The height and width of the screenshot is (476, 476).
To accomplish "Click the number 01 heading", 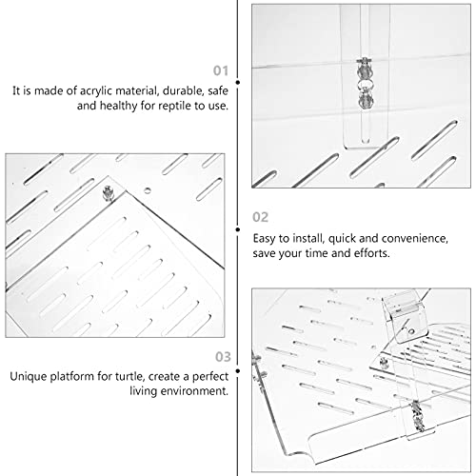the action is (x=221, y=70).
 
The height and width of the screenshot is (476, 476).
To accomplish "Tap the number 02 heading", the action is (x=260, y=217).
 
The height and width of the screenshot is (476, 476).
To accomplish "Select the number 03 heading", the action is (x=223, y=357).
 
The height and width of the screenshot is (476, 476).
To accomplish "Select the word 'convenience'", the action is (x=415, y=239).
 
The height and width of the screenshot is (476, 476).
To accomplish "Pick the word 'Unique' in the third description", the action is (x=29, y=377).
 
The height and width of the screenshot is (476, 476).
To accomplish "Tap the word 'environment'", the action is (x=194, y=391).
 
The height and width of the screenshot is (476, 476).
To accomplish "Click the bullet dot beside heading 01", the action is (x=238, y=83).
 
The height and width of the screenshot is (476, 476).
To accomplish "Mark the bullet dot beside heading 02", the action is (x=238, y=229).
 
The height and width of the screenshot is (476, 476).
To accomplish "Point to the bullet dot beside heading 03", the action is (x=238, y=370).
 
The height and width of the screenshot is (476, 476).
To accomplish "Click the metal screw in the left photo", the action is (x=108, y=193).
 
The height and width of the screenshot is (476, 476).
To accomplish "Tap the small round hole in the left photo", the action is (x=147, y=190).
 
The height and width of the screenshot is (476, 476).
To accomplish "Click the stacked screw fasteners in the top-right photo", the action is (x=365, y=83).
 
